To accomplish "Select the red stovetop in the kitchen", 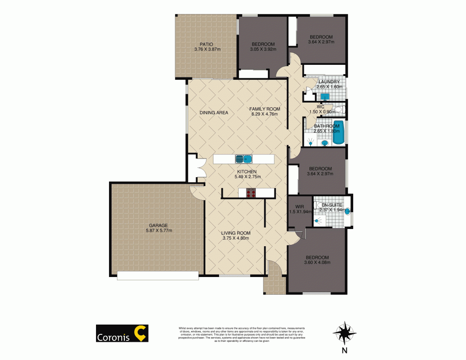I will click(251, 193).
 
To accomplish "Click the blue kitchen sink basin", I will click(243, 159).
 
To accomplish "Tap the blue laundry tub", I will click(325, 97).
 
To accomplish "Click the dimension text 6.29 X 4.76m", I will click(264, 114).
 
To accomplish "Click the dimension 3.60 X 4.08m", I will click(317, 263).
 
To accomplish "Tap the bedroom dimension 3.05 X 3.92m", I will click(263, 49).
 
